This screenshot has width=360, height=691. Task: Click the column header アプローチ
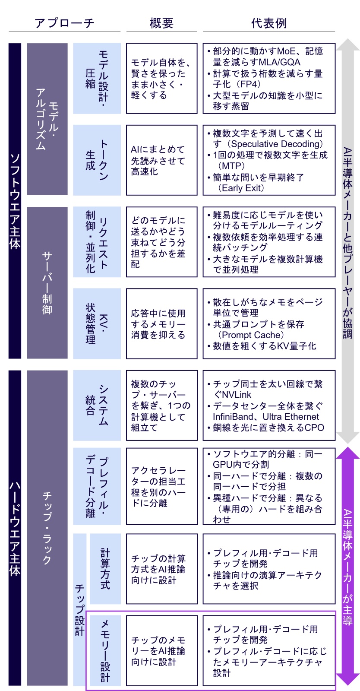64,23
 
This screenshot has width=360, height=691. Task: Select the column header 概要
161,23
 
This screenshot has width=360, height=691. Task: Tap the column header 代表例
269,23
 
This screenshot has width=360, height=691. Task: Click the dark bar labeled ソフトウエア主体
15,201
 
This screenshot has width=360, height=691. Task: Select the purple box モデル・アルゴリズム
47,119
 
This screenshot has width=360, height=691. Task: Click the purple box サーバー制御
47,282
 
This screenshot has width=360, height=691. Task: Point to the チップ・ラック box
47,528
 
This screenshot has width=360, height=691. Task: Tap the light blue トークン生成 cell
97,160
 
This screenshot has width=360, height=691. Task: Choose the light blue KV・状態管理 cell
97,323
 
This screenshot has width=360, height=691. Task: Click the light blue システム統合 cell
97,406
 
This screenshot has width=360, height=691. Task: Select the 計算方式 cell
105,569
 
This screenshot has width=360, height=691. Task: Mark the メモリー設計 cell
105,650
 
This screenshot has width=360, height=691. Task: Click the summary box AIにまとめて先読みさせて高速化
161,160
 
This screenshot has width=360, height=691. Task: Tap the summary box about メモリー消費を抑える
161,323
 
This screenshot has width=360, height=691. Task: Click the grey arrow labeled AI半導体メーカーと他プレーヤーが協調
347,241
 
